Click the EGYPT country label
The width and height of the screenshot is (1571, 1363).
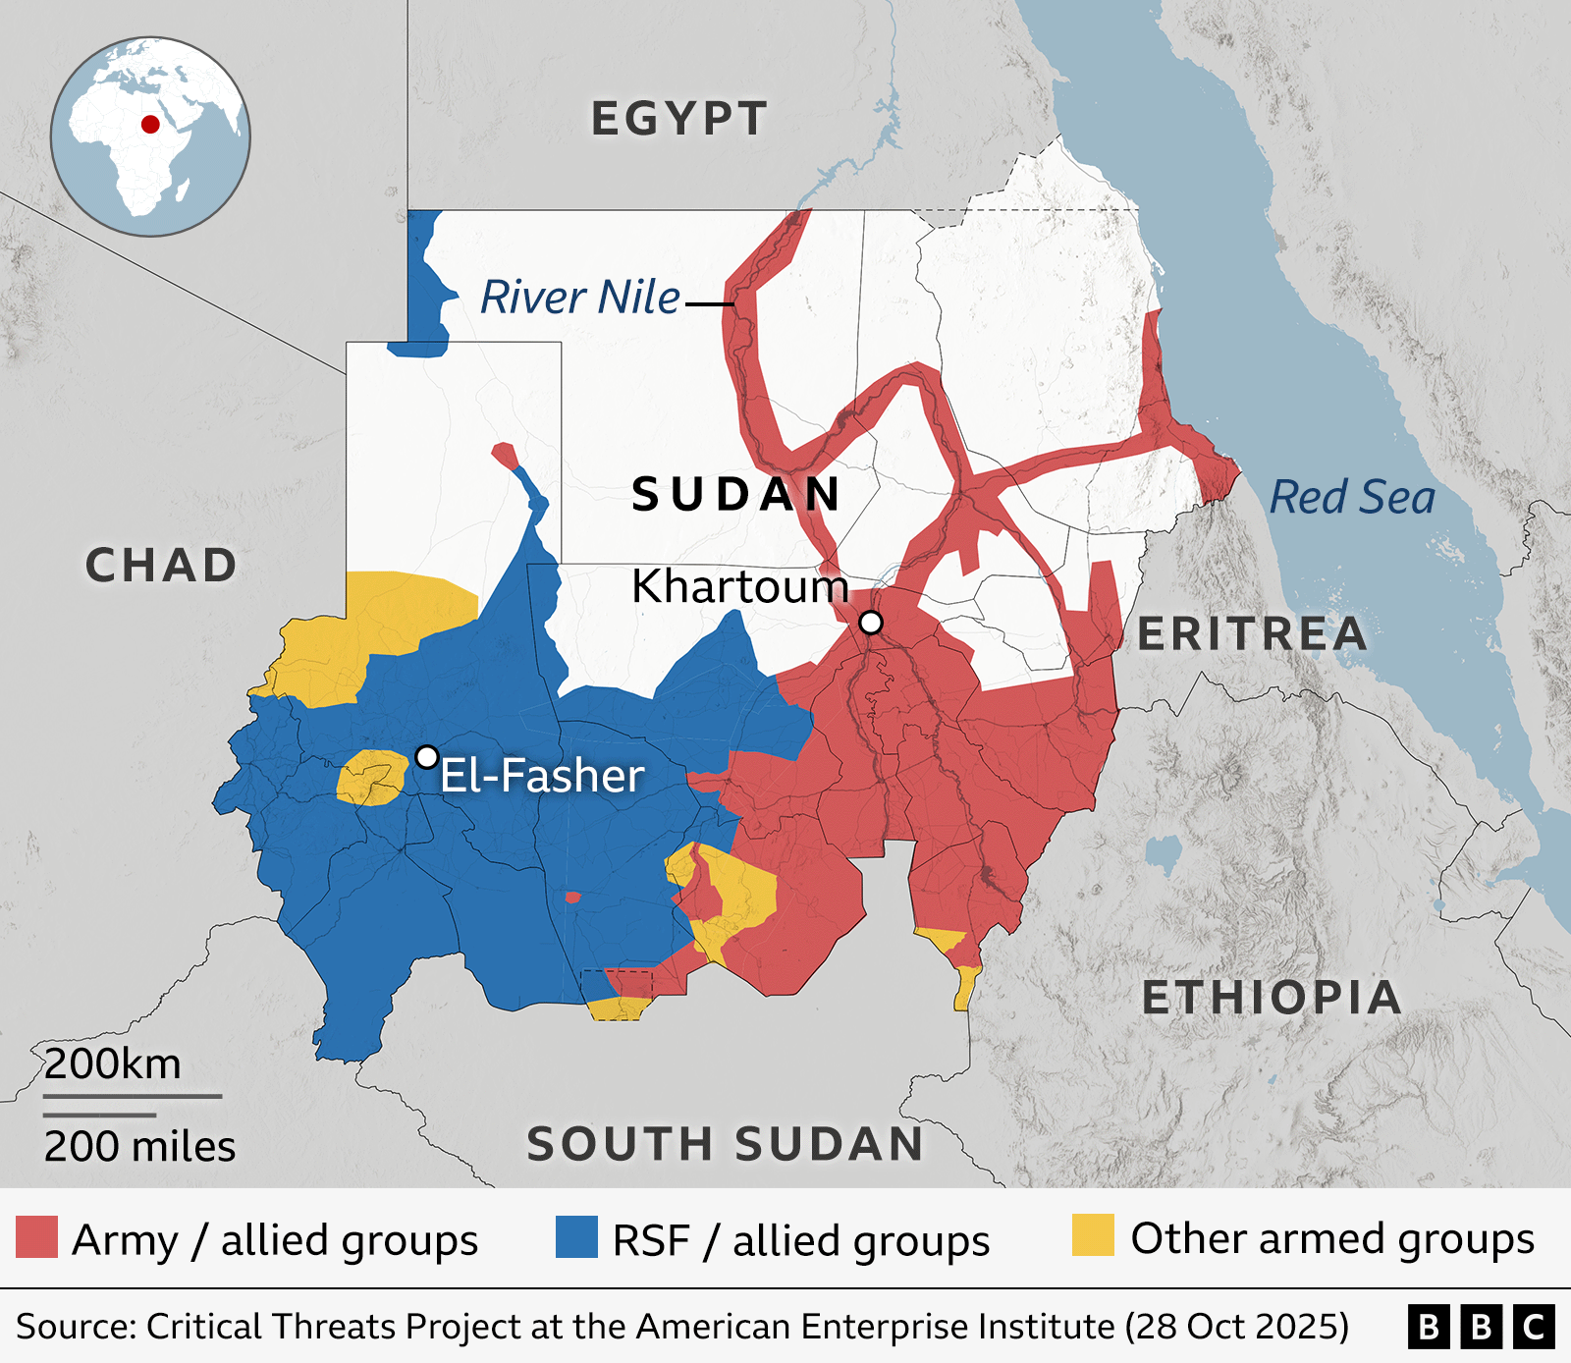(678, 119)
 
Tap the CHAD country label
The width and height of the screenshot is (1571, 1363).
(161, 566)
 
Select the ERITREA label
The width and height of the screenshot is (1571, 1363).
(1252, 634)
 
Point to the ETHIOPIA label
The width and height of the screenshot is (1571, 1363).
(1272, 998)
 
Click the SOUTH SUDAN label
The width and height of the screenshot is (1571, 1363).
(726, 1144)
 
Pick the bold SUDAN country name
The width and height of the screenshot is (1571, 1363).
(736, 494)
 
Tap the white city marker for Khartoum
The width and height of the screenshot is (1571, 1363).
(871, 623)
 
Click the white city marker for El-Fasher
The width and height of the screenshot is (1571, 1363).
(427, 757)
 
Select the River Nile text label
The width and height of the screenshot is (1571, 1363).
(579, 298)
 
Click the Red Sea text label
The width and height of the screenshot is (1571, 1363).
(1352, 497)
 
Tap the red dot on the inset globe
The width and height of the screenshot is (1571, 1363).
(150, 124)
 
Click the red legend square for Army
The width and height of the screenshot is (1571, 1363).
(36, 1237)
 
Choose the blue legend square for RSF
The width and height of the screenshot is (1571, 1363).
(576, 1237)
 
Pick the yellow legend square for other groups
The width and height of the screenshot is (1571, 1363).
(1093, 1235)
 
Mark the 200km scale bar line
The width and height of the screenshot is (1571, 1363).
(133, 1096)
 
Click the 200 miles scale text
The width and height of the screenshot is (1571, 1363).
(139, 1147)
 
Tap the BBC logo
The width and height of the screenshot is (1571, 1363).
(1481, 1327)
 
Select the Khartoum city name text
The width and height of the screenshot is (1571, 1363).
(739, 586)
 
